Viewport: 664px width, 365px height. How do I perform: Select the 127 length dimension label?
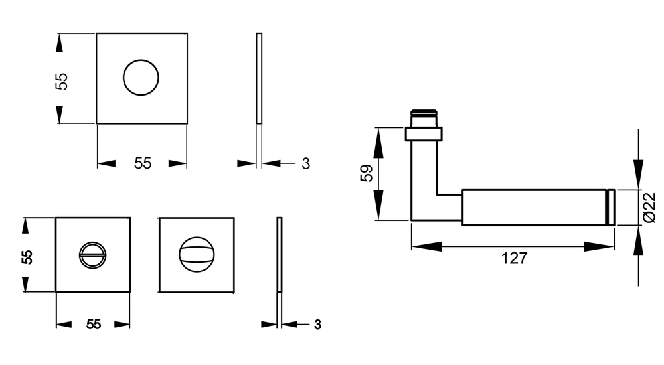(514, 258)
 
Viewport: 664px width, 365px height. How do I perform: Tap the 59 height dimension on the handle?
(367, 173)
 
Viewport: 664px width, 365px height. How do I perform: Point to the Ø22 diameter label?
(649, 207)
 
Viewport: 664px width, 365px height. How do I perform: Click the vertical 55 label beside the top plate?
(61, 82)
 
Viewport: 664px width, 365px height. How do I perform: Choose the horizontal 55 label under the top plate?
(143, 163)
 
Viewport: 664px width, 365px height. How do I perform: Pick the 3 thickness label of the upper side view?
(305, 163)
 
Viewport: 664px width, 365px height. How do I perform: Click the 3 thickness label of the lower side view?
(317, 325)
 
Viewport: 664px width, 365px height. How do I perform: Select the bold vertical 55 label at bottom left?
(27, 257)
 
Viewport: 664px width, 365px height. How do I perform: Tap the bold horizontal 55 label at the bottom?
(94, 325)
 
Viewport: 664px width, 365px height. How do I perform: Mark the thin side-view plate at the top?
(259, 78)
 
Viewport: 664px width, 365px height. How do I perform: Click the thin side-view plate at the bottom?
(280, 254)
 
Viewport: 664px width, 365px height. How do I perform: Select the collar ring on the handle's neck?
(424, 134)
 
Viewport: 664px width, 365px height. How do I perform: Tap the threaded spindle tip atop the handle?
(424, 119)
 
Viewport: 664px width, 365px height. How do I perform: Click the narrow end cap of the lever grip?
(611, 208)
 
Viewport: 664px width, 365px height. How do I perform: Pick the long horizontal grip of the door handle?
(535, 208)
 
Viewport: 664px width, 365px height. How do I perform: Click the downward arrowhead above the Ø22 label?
(638, 174)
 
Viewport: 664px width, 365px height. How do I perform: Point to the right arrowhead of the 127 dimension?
(599, 246)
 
